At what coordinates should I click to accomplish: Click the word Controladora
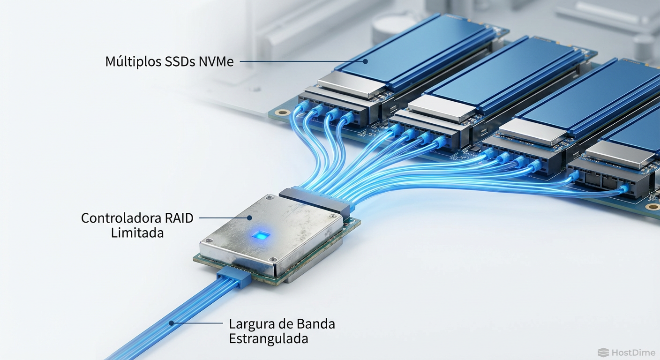coord(121,218)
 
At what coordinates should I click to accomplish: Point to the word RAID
coord(179,218)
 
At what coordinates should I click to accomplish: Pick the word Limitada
coord(137,232)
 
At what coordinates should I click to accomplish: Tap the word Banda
coord(316,324)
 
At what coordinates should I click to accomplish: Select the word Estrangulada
coord(269,338)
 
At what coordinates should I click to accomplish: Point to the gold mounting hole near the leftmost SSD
coord(282,112)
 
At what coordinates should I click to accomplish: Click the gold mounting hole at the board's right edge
coord(652,207)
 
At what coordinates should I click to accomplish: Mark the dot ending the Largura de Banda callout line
coord(172,323)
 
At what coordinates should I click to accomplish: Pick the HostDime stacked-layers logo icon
coord(603,352)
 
